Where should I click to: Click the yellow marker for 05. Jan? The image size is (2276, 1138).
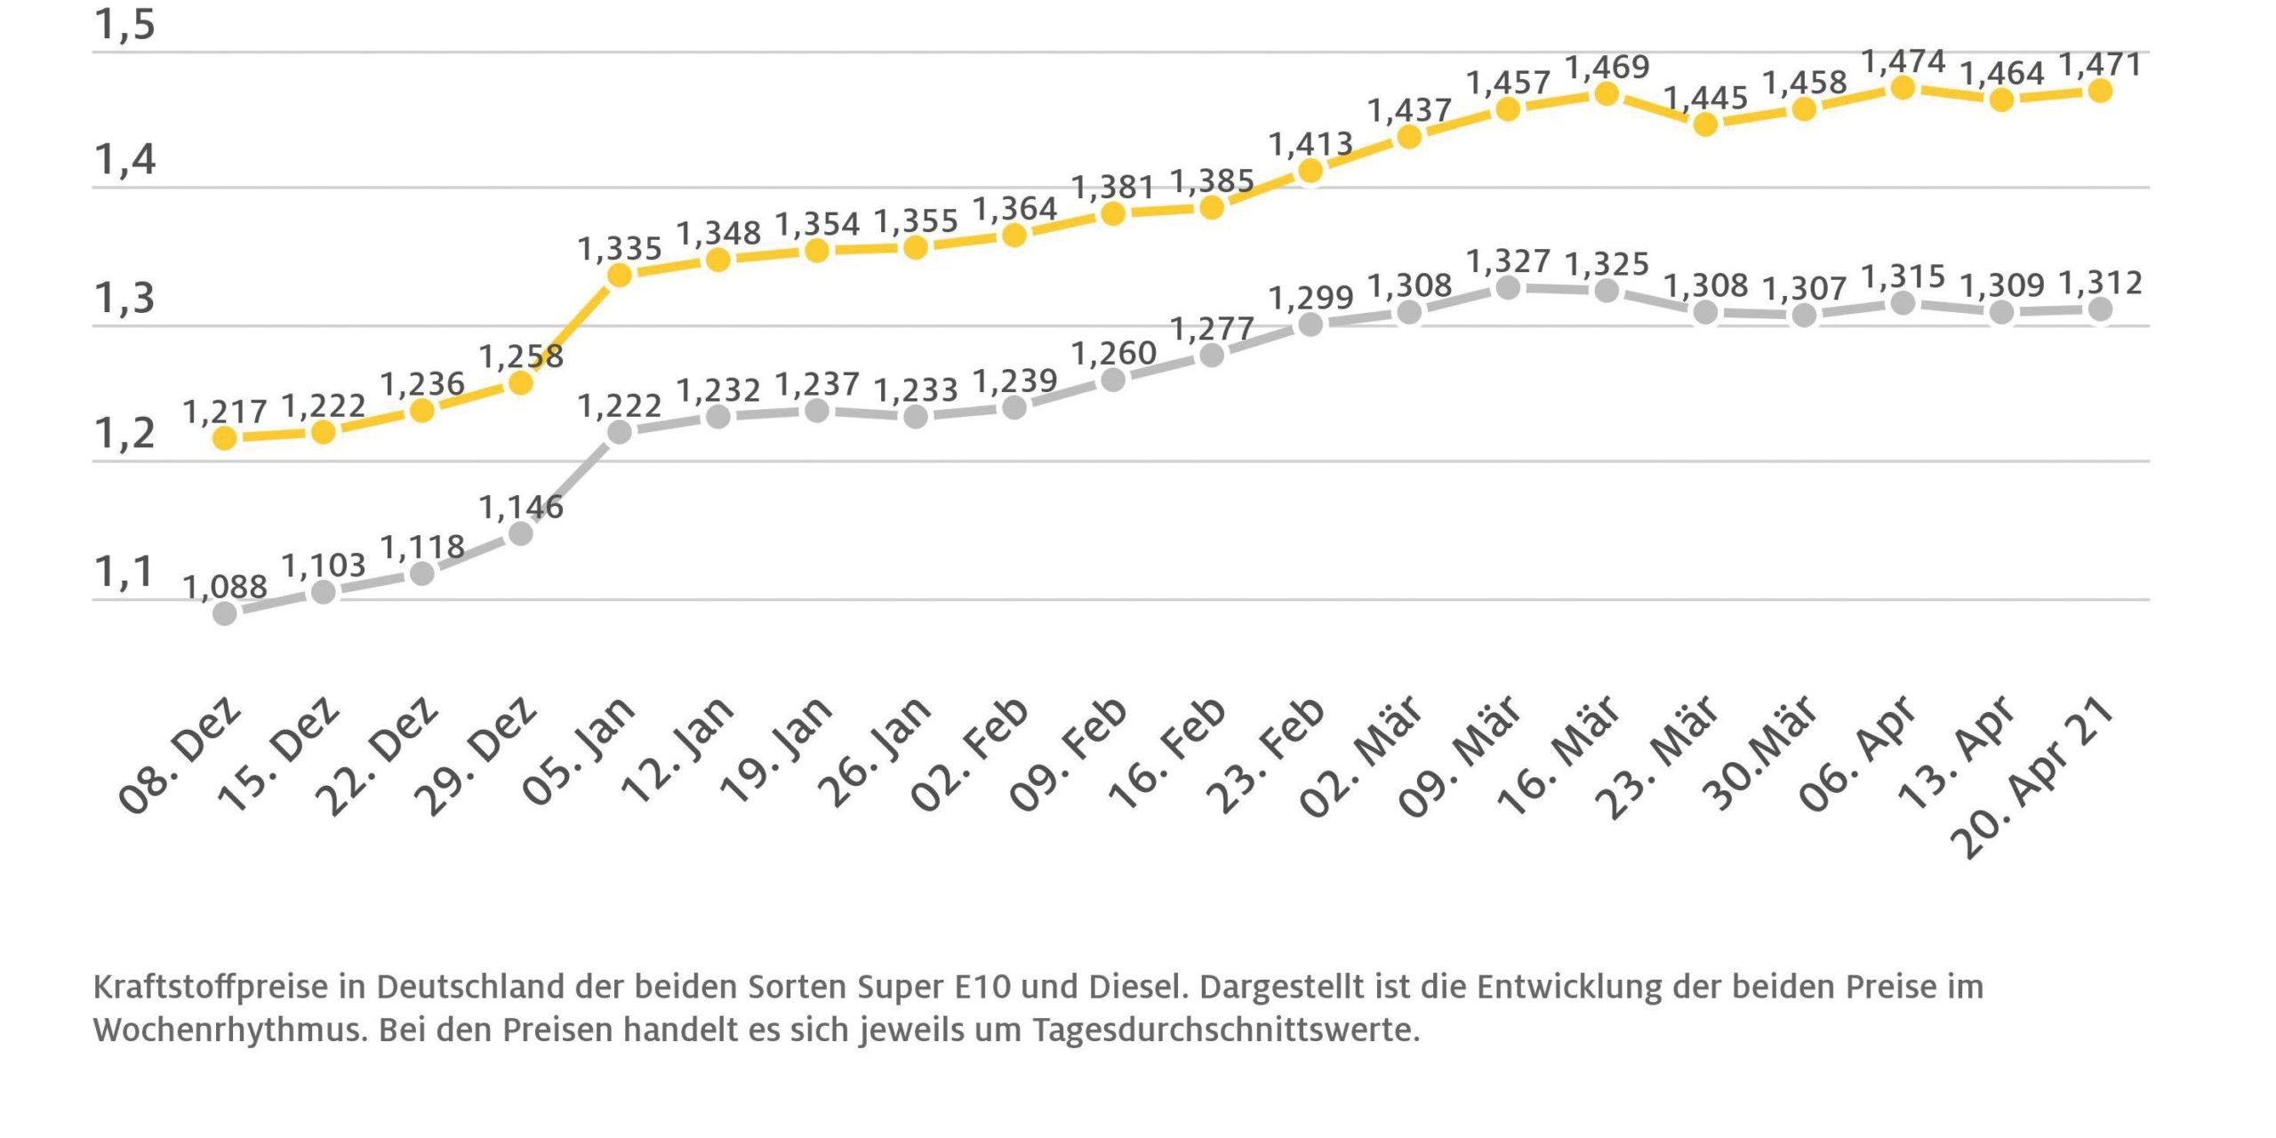tap(619, 275)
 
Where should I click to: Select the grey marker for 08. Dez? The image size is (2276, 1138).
tap(225, 613)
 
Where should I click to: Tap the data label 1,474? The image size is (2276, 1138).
tap(1903, 61)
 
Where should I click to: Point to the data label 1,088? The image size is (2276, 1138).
tap(225, 587)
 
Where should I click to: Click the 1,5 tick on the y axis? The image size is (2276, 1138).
tap(124, 25)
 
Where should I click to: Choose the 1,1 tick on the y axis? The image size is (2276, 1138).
tap(124, 572)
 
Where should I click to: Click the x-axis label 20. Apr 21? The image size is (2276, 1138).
tap(2032, 778)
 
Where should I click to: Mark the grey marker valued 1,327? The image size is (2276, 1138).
tap(1507, 287)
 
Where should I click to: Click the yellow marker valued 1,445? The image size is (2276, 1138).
tap(1704, 124)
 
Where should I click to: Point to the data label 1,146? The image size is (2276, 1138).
tap(521, 508)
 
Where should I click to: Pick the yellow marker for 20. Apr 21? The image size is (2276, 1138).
tap(2099, 90)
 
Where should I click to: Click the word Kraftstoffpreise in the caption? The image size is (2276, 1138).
tap(210, 987)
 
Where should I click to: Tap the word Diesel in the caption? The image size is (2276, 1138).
tap(1137, 987)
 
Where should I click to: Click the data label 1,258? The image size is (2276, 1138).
tap(521, 357)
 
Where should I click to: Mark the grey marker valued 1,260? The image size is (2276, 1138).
tap(1112, 380)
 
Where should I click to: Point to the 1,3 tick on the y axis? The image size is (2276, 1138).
tap(124, 299)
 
